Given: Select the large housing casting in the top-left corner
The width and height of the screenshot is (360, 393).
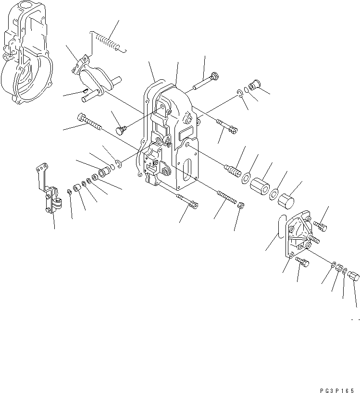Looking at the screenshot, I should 24,55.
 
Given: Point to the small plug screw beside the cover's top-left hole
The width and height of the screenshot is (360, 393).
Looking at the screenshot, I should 121,129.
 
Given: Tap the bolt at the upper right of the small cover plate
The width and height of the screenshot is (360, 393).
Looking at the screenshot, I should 320,223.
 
